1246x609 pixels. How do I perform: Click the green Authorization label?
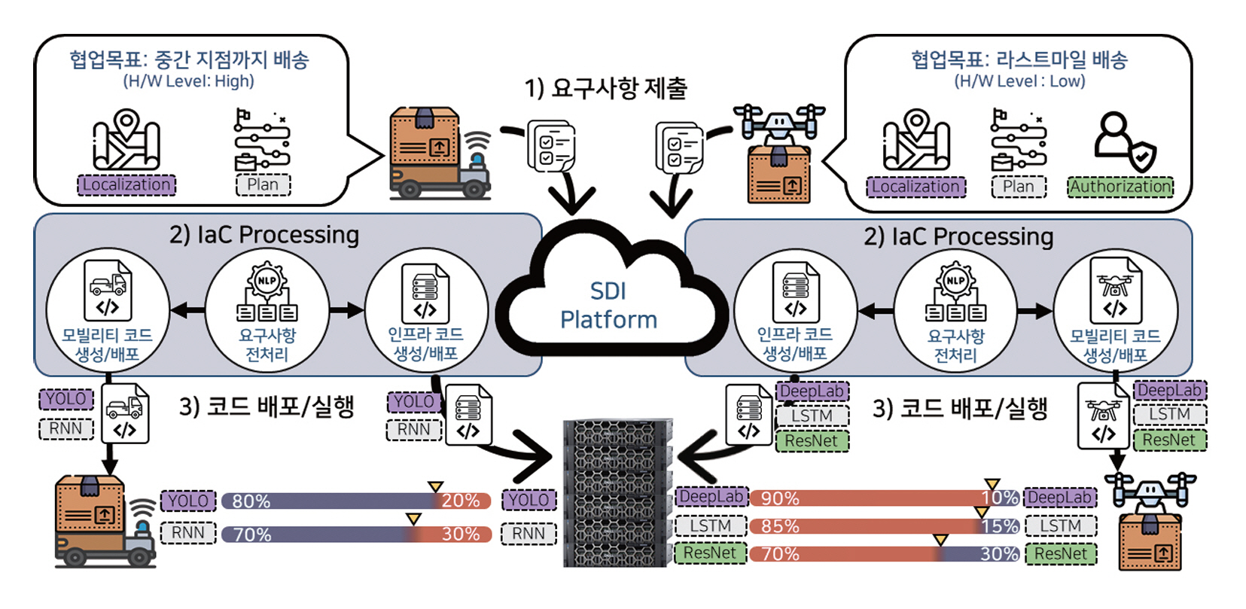point(1120,187)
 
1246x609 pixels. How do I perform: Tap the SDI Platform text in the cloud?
point(608,305)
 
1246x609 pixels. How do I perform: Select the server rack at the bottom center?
point(617,493)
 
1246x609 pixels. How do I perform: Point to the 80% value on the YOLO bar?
point(251,501)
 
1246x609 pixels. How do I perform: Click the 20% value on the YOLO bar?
point(461,501)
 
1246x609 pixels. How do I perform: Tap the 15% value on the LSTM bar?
point(1000,526)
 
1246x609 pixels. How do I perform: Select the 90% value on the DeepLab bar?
point(780,498)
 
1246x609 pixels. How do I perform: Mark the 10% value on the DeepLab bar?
point(1000,498)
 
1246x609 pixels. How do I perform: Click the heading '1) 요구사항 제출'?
point(606,89)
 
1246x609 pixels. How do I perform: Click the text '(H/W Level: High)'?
point(189,81)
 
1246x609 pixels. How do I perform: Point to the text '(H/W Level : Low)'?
point(1019,81)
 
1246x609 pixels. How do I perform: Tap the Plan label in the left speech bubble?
point(263,185)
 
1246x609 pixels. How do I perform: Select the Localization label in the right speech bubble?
point(916,187)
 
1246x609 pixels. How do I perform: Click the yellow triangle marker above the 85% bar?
point(981,512)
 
